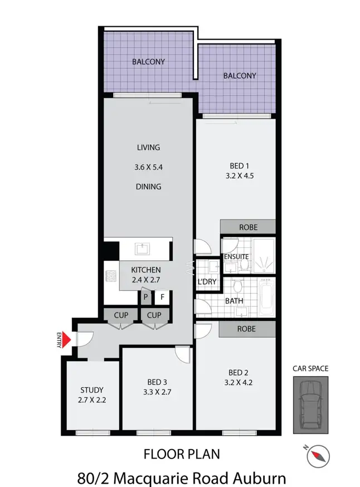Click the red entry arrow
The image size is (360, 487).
(66, 339)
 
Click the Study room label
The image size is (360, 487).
(91, 390)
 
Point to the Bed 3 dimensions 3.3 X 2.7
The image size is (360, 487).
(157, 392)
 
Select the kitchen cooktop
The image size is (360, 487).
(110, 275)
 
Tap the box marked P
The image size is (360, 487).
(146, 297)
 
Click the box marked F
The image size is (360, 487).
(163, 297)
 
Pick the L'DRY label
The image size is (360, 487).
(207, 281)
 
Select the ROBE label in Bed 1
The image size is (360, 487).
(248, 227)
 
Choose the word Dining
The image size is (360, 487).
(149, 187)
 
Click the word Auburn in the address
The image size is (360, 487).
(257, 478)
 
